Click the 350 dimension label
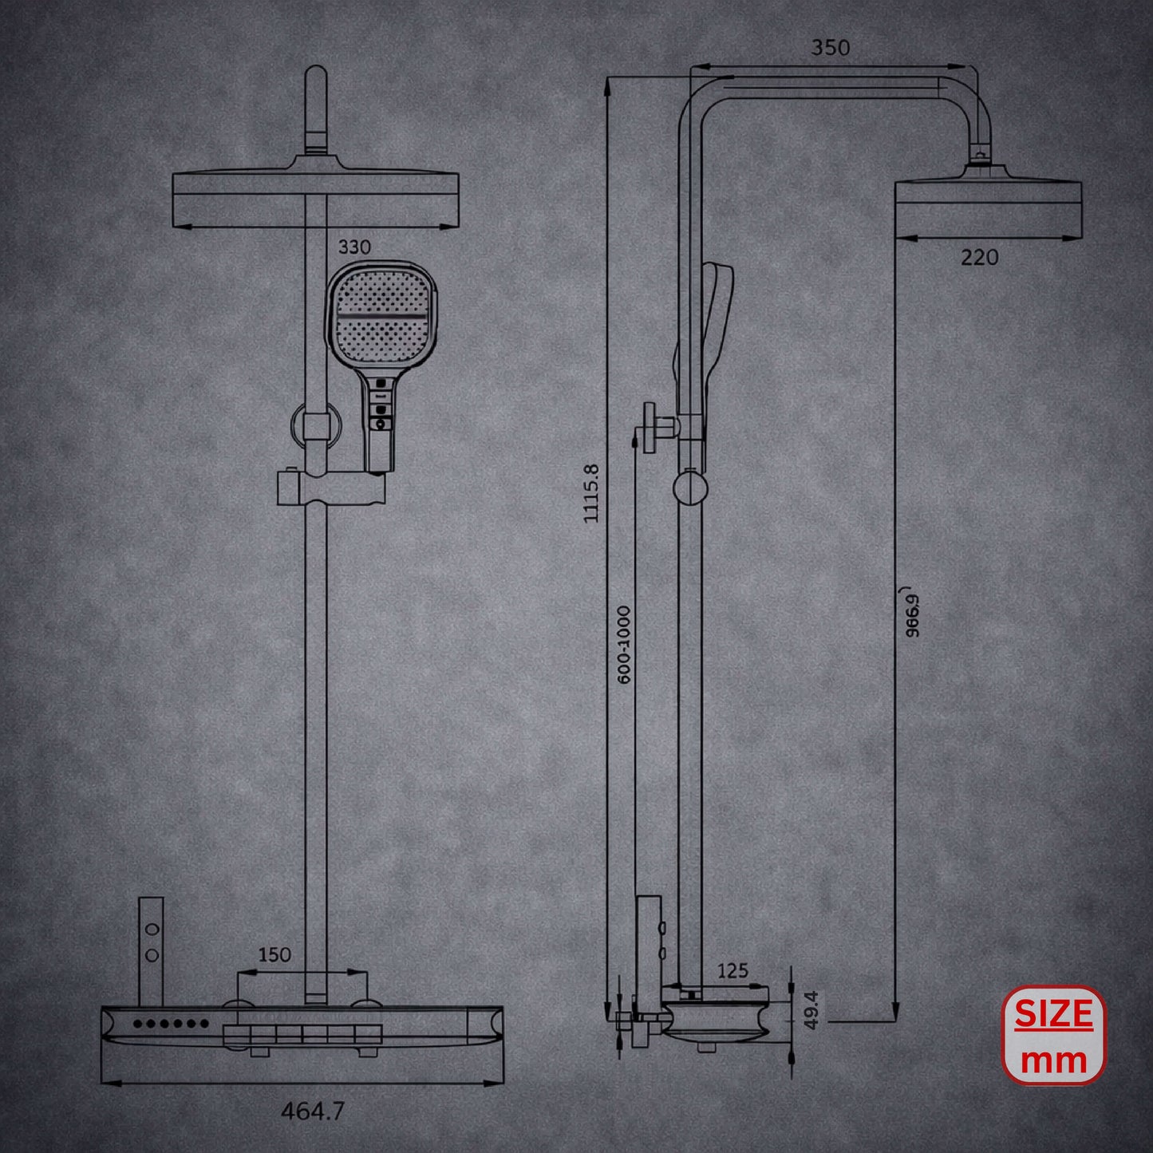831,48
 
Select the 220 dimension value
979,258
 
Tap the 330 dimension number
354,247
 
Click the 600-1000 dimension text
624,644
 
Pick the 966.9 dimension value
913,613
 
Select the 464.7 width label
313,1111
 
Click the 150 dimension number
274,954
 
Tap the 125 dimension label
732,970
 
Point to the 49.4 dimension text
811,1009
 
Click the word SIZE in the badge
1053,1014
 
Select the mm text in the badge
1053,1060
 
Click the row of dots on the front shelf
171,1023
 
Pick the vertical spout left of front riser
151,950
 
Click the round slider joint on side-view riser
689,488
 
